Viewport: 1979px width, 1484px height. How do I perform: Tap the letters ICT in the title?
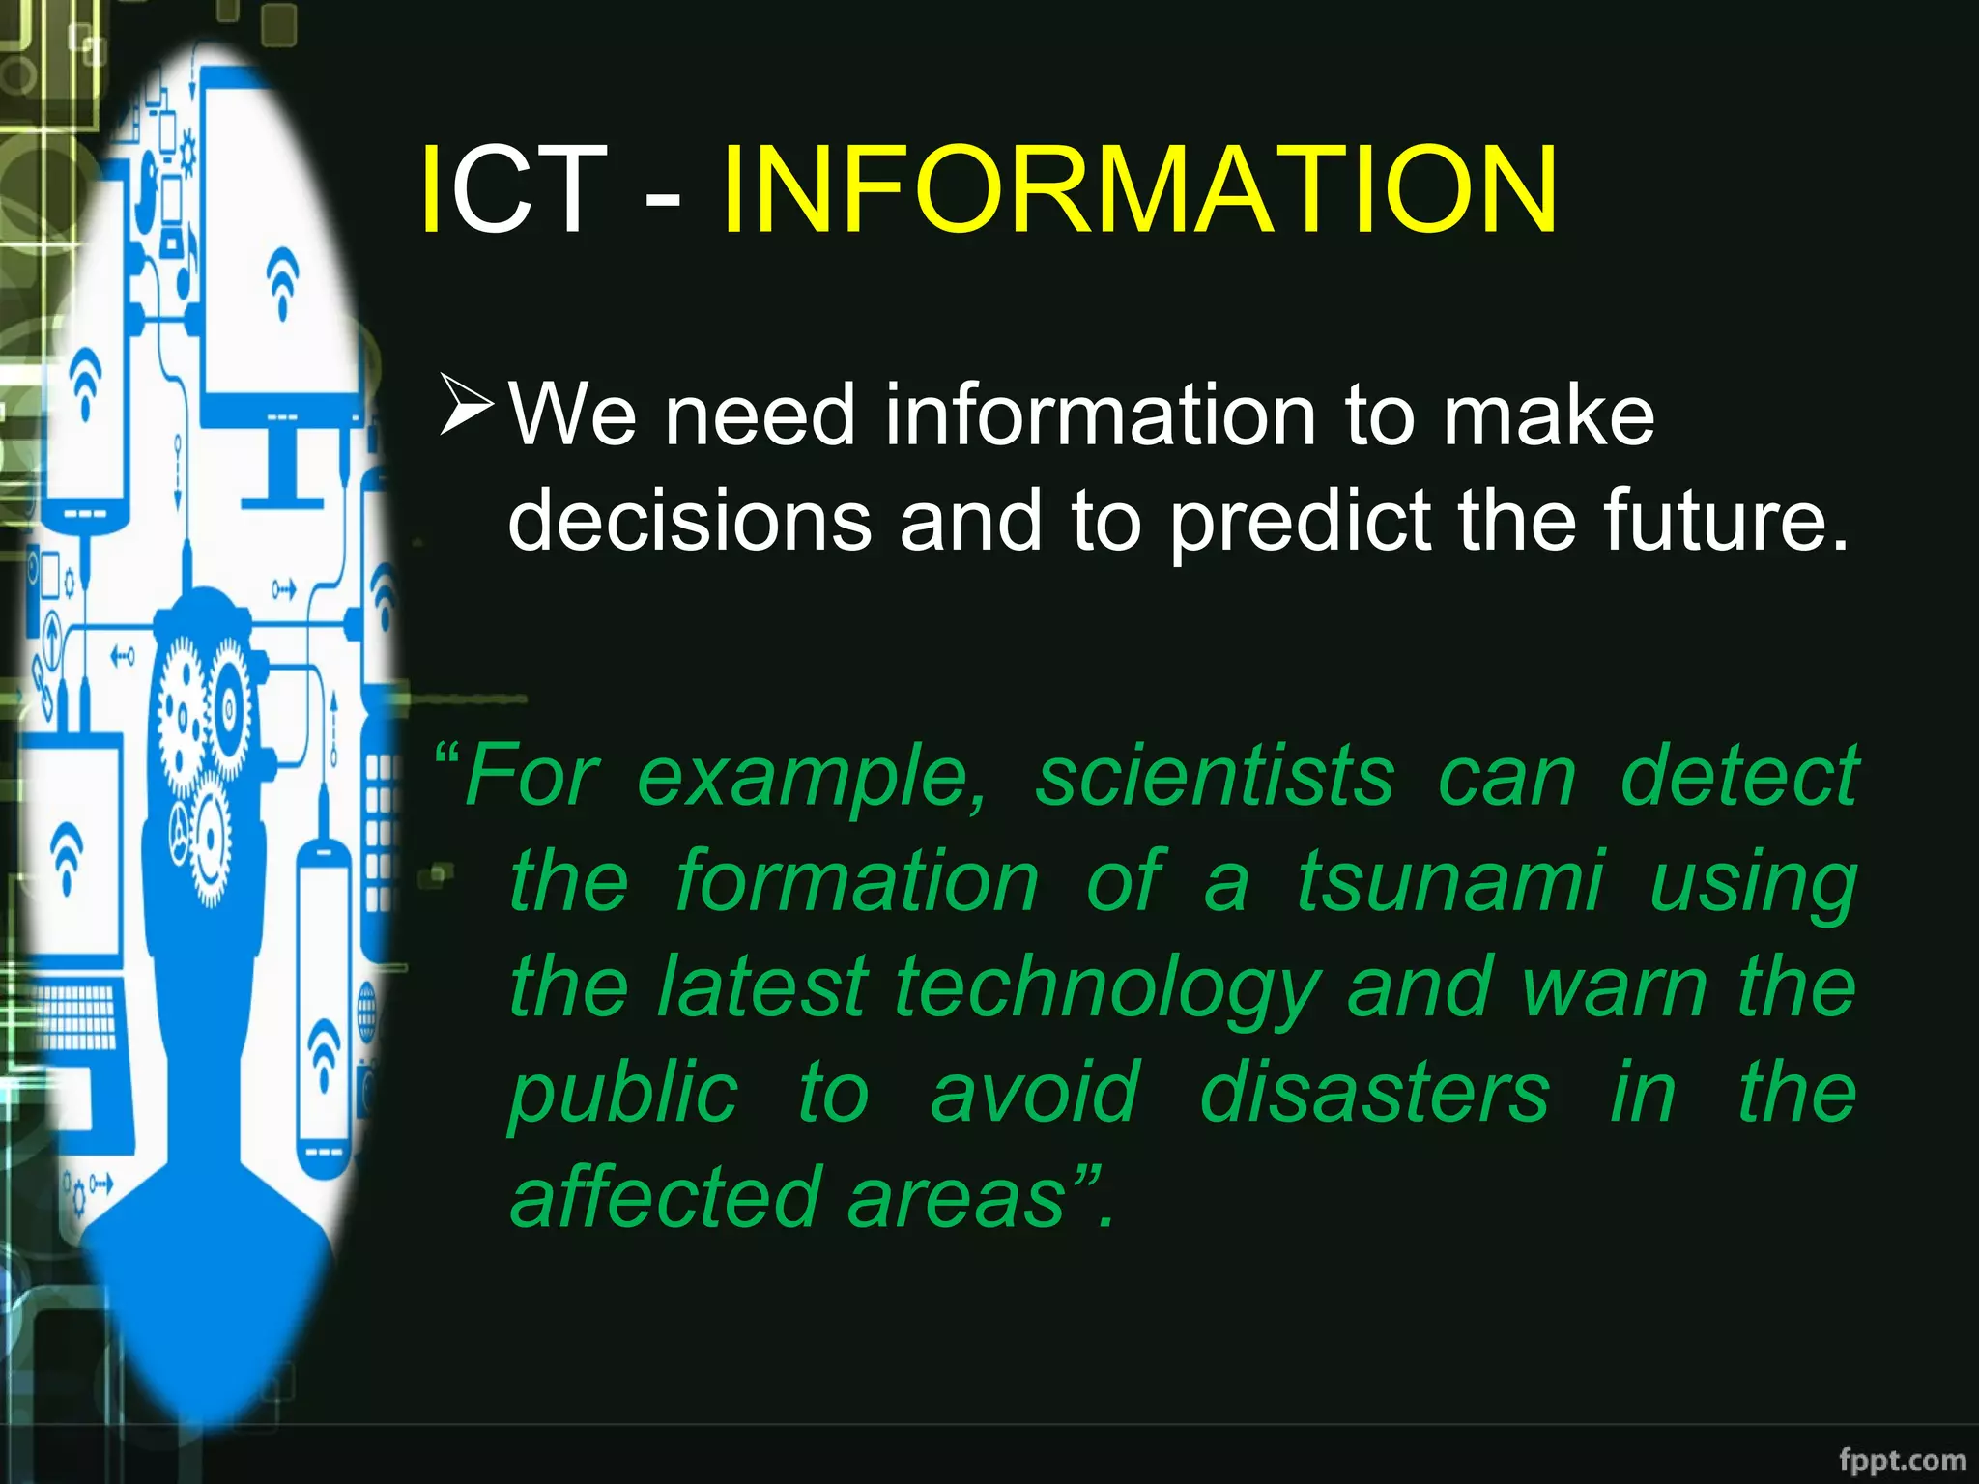click(x=513, y=190)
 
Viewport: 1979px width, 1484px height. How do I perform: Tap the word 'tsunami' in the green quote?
click(x=1449, y=880)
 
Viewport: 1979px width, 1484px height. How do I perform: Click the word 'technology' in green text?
click(x=1107, y=987)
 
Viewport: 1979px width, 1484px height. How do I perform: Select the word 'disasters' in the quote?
click(x=1374, y=1092)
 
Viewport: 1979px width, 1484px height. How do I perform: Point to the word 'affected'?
click(x=666, y=1197)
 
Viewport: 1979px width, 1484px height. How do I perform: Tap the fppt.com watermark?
click(x=1902, y=1459)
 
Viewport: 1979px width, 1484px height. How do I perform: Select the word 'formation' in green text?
click(x=856, y=880)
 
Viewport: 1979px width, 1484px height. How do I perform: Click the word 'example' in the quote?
click(x=812, y=778)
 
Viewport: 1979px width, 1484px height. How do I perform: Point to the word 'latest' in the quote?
click(x=762, y=986)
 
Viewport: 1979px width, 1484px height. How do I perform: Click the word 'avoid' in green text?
click(x=1035, y=1092)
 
